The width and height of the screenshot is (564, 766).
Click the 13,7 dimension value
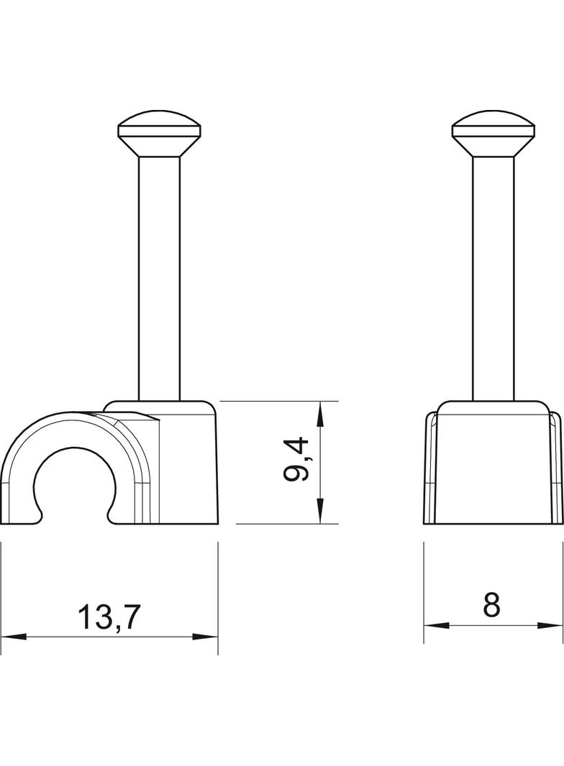[109, 617]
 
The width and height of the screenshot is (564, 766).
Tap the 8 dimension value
[491, 605]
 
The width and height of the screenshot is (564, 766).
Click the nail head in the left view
[160, 134]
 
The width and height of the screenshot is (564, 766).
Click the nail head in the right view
[493, 134]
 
